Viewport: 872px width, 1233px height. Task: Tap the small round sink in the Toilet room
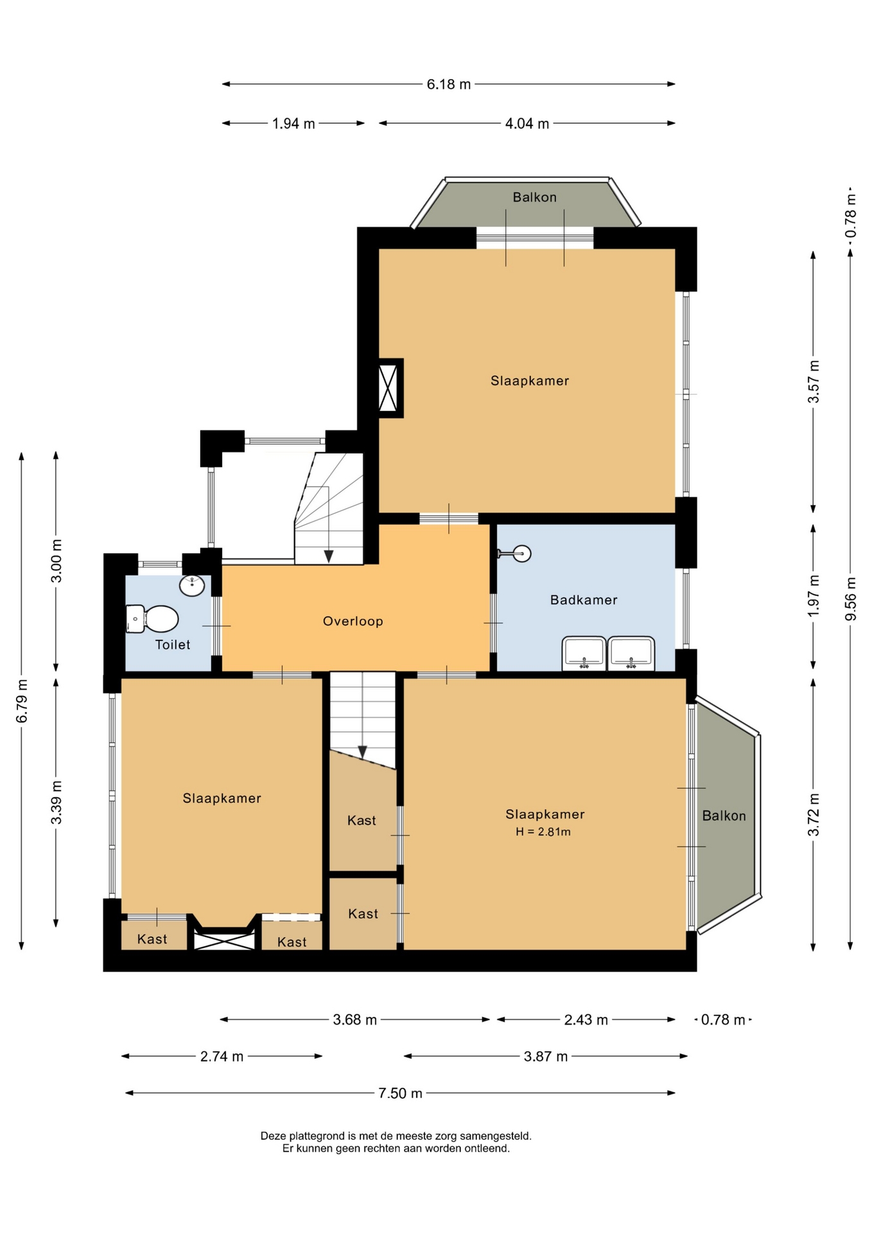tap(192, 585)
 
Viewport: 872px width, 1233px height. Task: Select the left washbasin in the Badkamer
tap(584, 653)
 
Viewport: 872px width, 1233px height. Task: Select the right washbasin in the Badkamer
tap(631, 653)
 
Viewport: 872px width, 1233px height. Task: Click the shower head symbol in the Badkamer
tap(515, 553)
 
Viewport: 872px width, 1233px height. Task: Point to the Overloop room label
tap(353, 621)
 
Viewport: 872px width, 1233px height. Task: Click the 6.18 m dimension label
tap(449, 84)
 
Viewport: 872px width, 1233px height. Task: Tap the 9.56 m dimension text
tap(851, 599)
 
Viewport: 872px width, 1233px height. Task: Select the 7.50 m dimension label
tap(400, 1093)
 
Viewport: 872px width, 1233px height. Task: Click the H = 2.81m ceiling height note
tap(543, 832)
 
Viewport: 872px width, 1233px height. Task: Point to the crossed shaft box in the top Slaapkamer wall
tap(388, 388)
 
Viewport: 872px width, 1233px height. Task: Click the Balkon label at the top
tap(534, 197)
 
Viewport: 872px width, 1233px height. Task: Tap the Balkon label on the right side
tap(724, 816)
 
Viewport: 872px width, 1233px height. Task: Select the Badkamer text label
tap(584, 600)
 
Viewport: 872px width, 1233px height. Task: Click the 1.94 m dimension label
tap(293, 124)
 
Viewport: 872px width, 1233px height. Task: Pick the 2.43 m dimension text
tap(586, 1020)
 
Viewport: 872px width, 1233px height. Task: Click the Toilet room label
tap(173, 645)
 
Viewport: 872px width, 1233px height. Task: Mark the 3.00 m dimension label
tap(57, 561)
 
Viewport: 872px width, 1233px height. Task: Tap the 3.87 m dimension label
tap(546, 1056)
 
